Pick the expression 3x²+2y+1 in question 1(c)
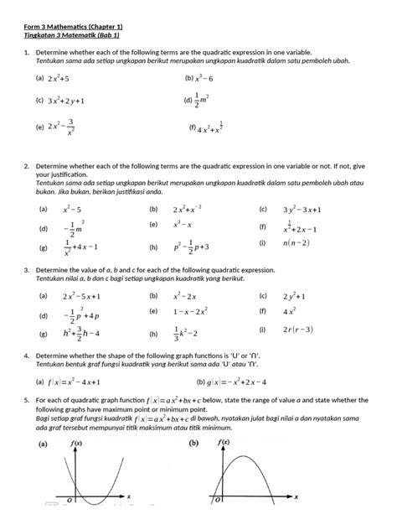click(x=72, y=101)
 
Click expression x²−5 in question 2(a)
click(x=71, y=210)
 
